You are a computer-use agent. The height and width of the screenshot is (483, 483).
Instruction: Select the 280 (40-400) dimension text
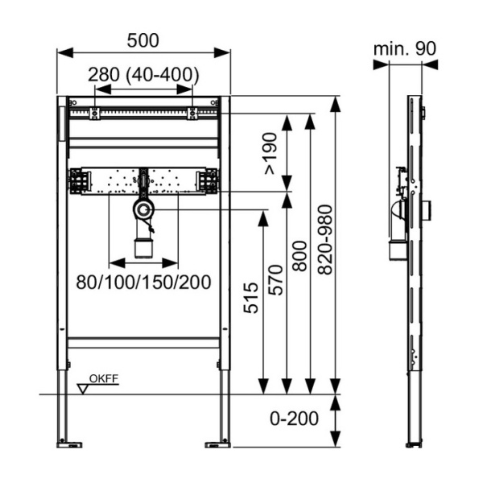[x=143, y=75]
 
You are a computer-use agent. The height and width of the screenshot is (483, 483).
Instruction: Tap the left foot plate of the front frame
[x=69, y=442]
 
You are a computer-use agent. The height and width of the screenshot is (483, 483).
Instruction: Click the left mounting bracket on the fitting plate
[x=78, y=180]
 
